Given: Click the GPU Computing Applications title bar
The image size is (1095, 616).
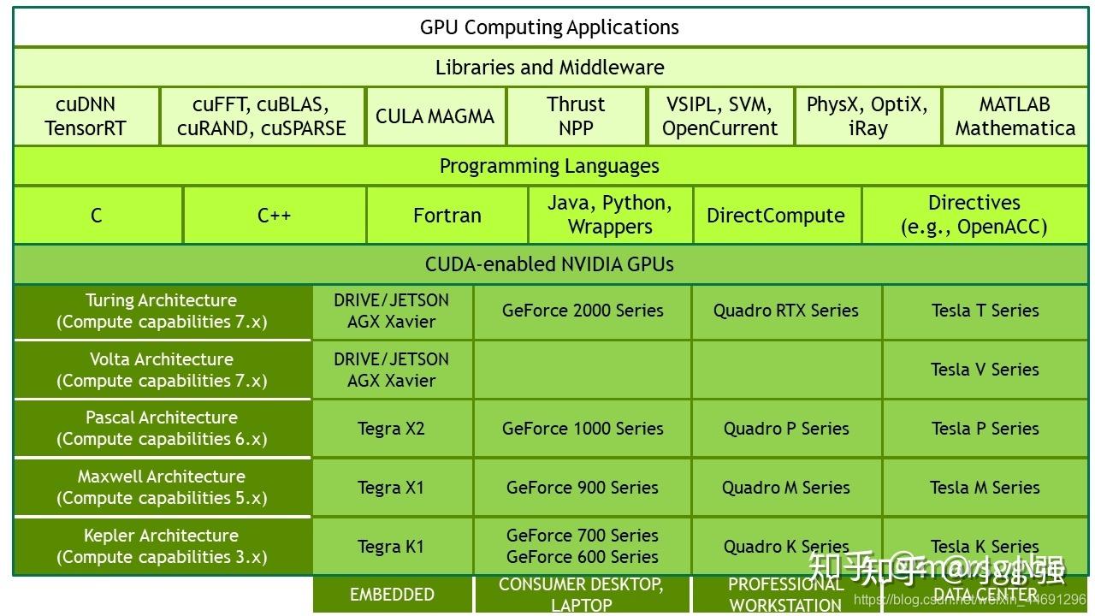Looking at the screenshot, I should [x=549, y=27].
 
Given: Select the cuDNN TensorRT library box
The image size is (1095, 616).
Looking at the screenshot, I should [x=86, y=116].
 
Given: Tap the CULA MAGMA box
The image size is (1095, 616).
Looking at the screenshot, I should [x=435, y=116].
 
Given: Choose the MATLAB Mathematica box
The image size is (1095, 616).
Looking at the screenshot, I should [x=1015, y=116].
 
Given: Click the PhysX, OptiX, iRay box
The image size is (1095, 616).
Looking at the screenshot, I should [x=867, y=116].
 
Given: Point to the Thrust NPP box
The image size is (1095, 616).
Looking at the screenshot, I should [x=576, y=116].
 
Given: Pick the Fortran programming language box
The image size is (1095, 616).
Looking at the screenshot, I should [x=447, y=215].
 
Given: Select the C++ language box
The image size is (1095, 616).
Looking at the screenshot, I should [x=274, y=215].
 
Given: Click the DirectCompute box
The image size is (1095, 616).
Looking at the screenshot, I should [x=775, y=215].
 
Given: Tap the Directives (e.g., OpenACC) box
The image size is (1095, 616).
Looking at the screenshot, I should [x=974, y=215].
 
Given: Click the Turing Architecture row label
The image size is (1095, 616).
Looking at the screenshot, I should [x=162, y=311].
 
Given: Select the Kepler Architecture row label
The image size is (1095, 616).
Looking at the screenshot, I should [x=162, y=546].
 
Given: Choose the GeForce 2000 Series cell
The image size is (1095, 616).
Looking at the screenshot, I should [x=583, y=311].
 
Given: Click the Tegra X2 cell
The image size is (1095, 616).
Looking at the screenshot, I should [x=391, y=429].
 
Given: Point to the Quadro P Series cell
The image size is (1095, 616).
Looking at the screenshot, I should [x=786, y=429].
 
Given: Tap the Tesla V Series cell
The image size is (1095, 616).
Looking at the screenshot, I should [x=985, y=370].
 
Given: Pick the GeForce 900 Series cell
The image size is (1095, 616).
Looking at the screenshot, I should [x=583, y=488].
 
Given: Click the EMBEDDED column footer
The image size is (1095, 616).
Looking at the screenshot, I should [x=392, y=595].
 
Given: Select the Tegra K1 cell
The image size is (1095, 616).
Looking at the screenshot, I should [x=391, y=546].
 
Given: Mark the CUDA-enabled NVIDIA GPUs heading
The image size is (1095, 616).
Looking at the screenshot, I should [x=549, y=264].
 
